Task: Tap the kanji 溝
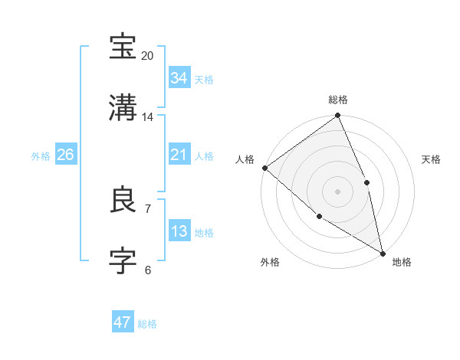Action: pyautogui.click(x=123, y=107)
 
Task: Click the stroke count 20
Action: pyautogui.click(x=148, y=56)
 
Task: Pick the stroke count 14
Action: pyautogui.click(x=148, y=117)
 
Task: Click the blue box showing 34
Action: pyautogui.click(x=179, y=78)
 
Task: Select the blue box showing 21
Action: pyautogui.click(x=179, y=155)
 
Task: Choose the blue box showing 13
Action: pyautogui.click(x=179, y=231)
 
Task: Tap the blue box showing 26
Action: pyautogui.click(x=65, y=155)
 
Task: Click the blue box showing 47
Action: pyautogui.click(x=123, y=322)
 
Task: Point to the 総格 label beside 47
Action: pyautogui.click(x=147, y=324)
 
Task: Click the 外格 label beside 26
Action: pyautogui.click(x=41, y=156)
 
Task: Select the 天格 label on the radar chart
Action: pyautogui.click(x=431, y=159)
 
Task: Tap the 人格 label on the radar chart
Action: pyautogui.click(x=245, y=159)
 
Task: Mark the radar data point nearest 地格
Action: pyautogui.click(x=383, y=252)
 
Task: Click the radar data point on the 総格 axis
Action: pyautogui.click(x=338, y=116)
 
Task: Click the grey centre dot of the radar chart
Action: pyautogui.click(x=338, y=191)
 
